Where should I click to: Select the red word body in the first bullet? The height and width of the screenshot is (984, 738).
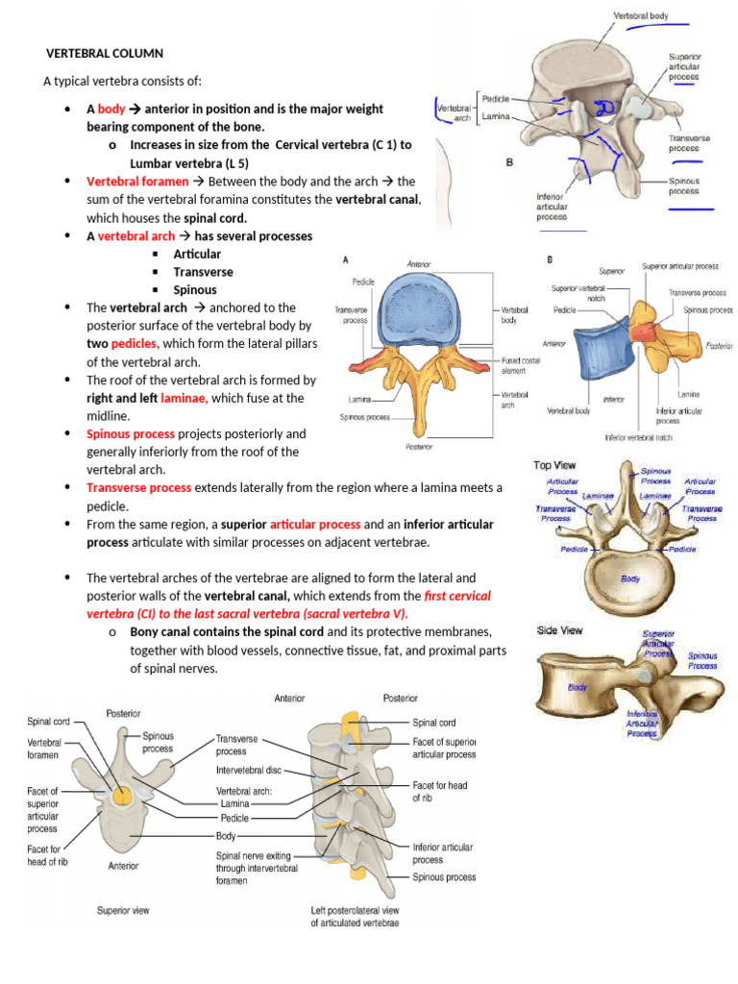pos(111,110)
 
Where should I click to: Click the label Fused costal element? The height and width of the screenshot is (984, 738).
pos(522,365)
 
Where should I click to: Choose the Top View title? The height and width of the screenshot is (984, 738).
pos(555,465)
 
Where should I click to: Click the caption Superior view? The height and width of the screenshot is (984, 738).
pos(122,909)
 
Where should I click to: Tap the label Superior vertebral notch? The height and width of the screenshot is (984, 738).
pos(578,293)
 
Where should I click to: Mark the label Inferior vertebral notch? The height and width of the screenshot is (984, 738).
pos(643,437)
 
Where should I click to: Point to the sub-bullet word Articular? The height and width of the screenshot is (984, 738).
pos(197,254)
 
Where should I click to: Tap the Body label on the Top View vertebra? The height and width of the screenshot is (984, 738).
pos(630,579)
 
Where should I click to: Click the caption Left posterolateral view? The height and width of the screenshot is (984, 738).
pos(355,909)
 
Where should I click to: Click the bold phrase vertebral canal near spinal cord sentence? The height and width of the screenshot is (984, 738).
pos(378,199)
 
